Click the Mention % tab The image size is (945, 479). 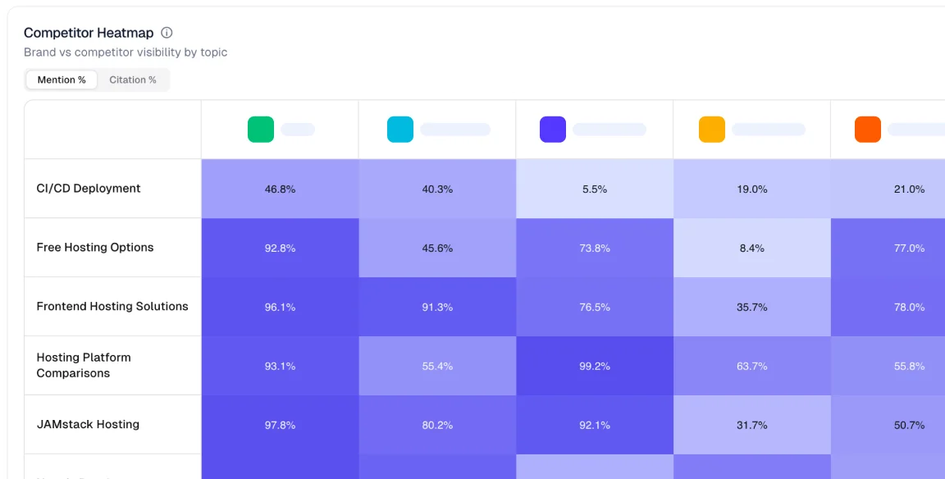(x=62, y=80)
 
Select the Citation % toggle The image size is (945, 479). (x=133, y=80)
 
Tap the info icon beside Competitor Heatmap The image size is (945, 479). (x=167, y=33)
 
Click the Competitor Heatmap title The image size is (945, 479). (x=89, y=33)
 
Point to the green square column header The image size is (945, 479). (x=261, y=130)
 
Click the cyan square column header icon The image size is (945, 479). (x=400, y=130)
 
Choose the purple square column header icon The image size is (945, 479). (x=553, y=130)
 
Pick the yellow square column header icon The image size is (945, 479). (x=712, y=130)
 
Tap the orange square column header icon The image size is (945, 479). (x=868, y=130)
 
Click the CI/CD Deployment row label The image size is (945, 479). (x=89, y=189)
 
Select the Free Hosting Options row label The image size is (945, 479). (x=95, y=248)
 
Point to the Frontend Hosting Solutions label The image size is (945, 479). (x=112, y=307)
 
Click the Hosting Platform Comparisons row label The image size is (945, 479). (x=84, y=365)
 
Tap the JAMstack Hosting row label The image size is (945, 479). (x=88, y=425)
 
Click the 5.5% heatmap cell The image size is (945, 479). (x=595, y=189)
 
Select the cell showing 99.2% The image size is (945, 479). (x=595, y=366)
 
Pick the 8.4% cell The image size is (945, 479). (x=752, y=248)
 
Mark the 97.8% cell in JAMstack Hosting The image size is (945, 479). (x=280, y=425)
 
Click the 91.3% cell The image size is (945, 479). (x=437, y=307)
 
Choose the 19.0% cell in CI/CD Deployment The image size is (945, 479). (x=752, y=189)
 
